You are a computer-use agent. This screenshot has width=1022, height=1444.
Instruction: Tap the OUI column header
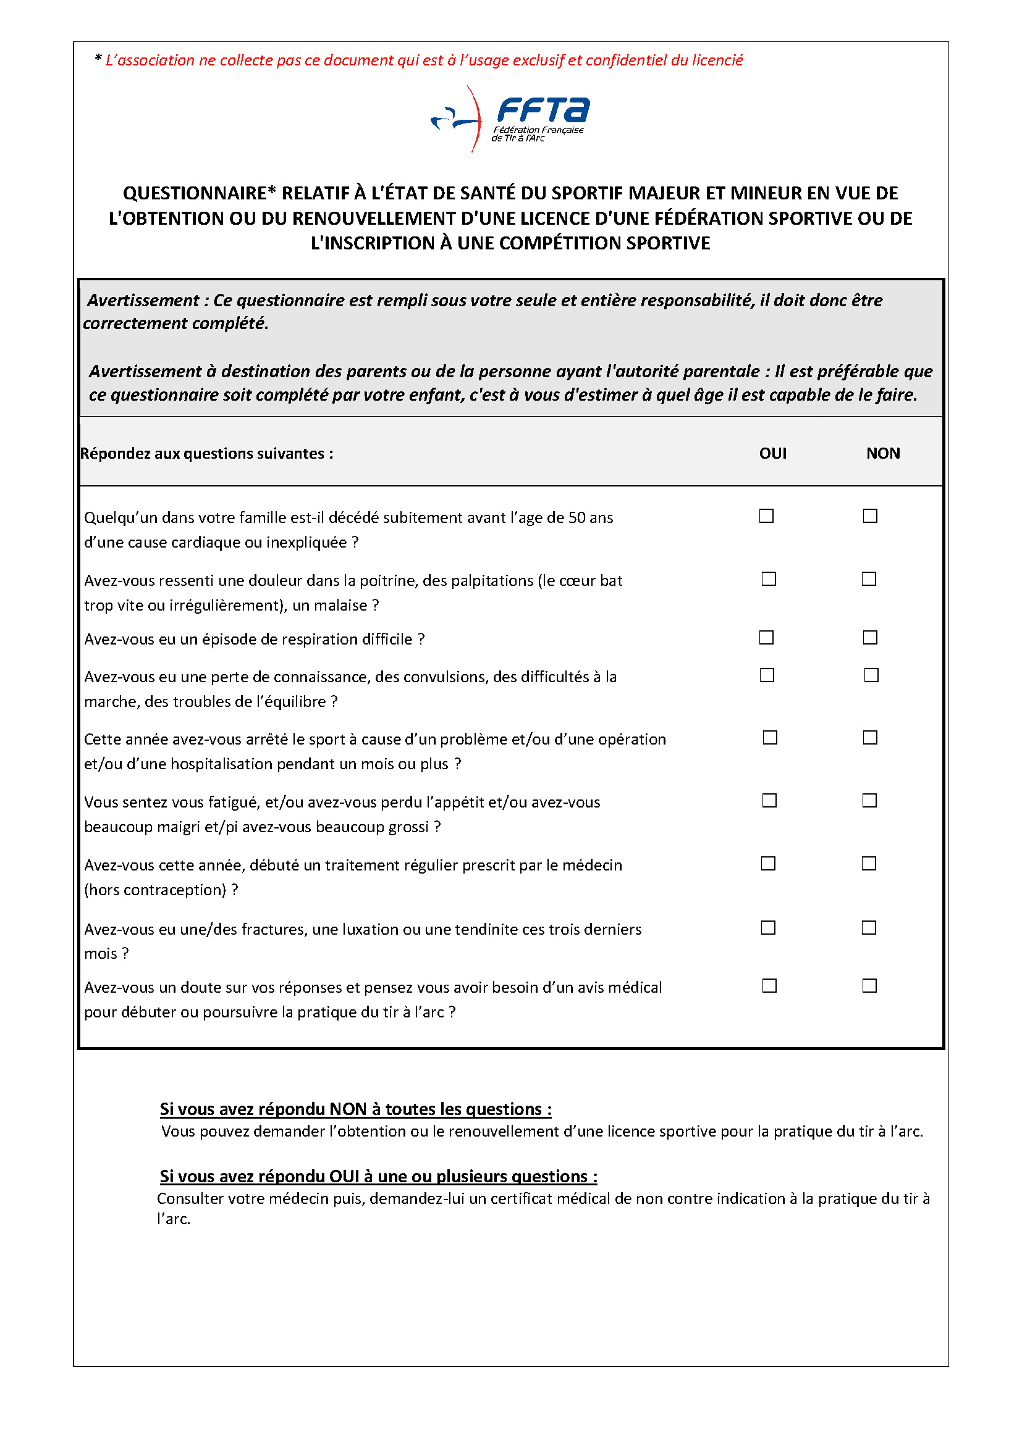click(773, 454)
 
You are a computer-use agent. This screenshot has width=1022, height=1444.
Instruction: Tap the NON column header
click(883, 454)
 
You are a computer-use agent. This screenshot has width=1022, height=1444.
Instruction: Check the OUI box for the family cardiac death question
click(766, 515)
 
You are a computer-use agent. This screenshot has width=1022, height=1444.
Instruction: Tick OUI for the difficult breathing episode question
click(766, 637)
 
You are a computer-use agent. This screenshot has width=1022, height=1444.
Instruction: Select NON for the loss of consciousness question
click(871, 675)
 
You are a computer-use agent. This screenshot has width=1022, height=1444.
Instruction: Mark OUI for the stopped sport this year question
click(770, 737)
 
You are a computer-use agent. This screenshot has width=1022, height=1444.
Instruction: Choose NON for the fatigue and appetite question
click(869, 800)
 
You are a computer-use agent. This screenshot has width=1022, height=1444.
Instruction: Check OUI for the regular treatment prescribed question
click(768, 864)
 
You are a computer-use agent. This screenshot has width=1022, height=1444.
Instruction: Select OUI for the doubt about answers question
click(769, 985)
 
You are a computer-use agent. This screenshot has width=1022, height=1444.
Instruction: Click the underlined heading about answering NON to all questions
click(355, 1109)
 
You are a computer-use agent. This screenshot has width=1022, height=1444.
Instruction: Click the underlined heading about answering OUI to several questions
click(378, 1176)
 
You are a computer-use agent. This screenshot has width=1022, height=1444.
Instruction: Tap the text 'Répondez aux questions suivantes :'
click(206, 454)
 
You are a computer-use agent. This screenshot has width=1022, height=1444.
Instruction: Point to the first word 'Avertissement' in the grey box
click(143, 300)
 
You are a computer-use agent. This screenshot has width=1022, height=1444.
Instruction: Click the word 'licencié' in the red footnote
click(717, 60)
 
